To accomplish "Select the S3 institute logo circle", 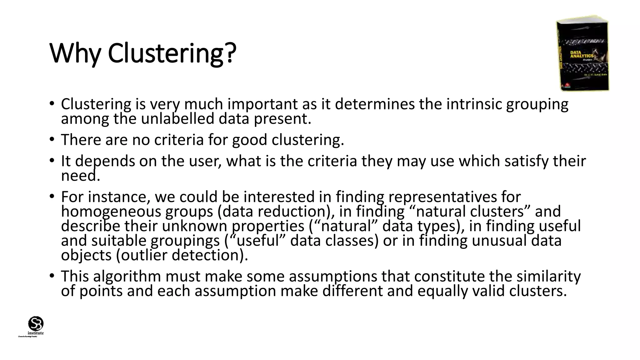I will [x=36, y=323].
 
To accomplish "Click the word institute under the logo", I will [x=36, y=333].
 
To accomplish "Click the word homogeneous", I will [x=111, y=212].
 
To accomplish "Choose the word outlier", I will [x=144, y=255].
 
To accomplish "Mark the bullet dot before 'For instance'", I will [x=52, y=196].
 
